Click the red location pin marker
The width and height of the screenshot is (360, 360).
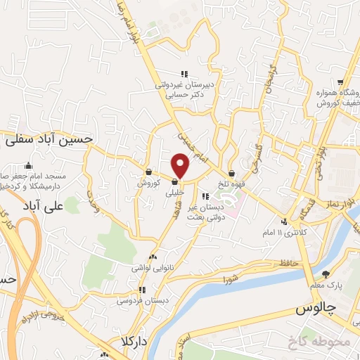[181, 166]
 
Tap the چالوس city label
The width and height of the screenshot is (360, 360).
[316, 309]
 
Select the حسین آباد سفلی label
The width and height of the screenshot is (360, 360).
[49, 139]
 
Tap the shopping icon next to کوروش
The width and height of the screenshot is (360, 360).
[149, 172]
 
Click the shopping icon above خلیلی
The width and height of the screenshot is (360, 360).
[174, 183]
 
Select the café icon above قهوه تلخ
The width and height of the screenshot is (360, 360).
[232, 173]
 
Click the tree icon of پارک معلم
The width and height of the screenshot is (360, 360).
[325, 274]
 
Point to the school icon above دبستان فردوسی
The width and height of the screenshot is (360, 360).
[142, 290]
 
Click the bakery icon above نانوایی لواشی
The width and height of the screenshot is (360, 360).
[153, 257]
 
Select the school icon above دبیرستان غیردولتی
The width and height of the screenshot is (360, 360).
[184, 74]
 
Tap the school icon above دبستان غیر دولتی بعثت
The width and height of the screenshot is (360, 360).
[205, 196]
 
